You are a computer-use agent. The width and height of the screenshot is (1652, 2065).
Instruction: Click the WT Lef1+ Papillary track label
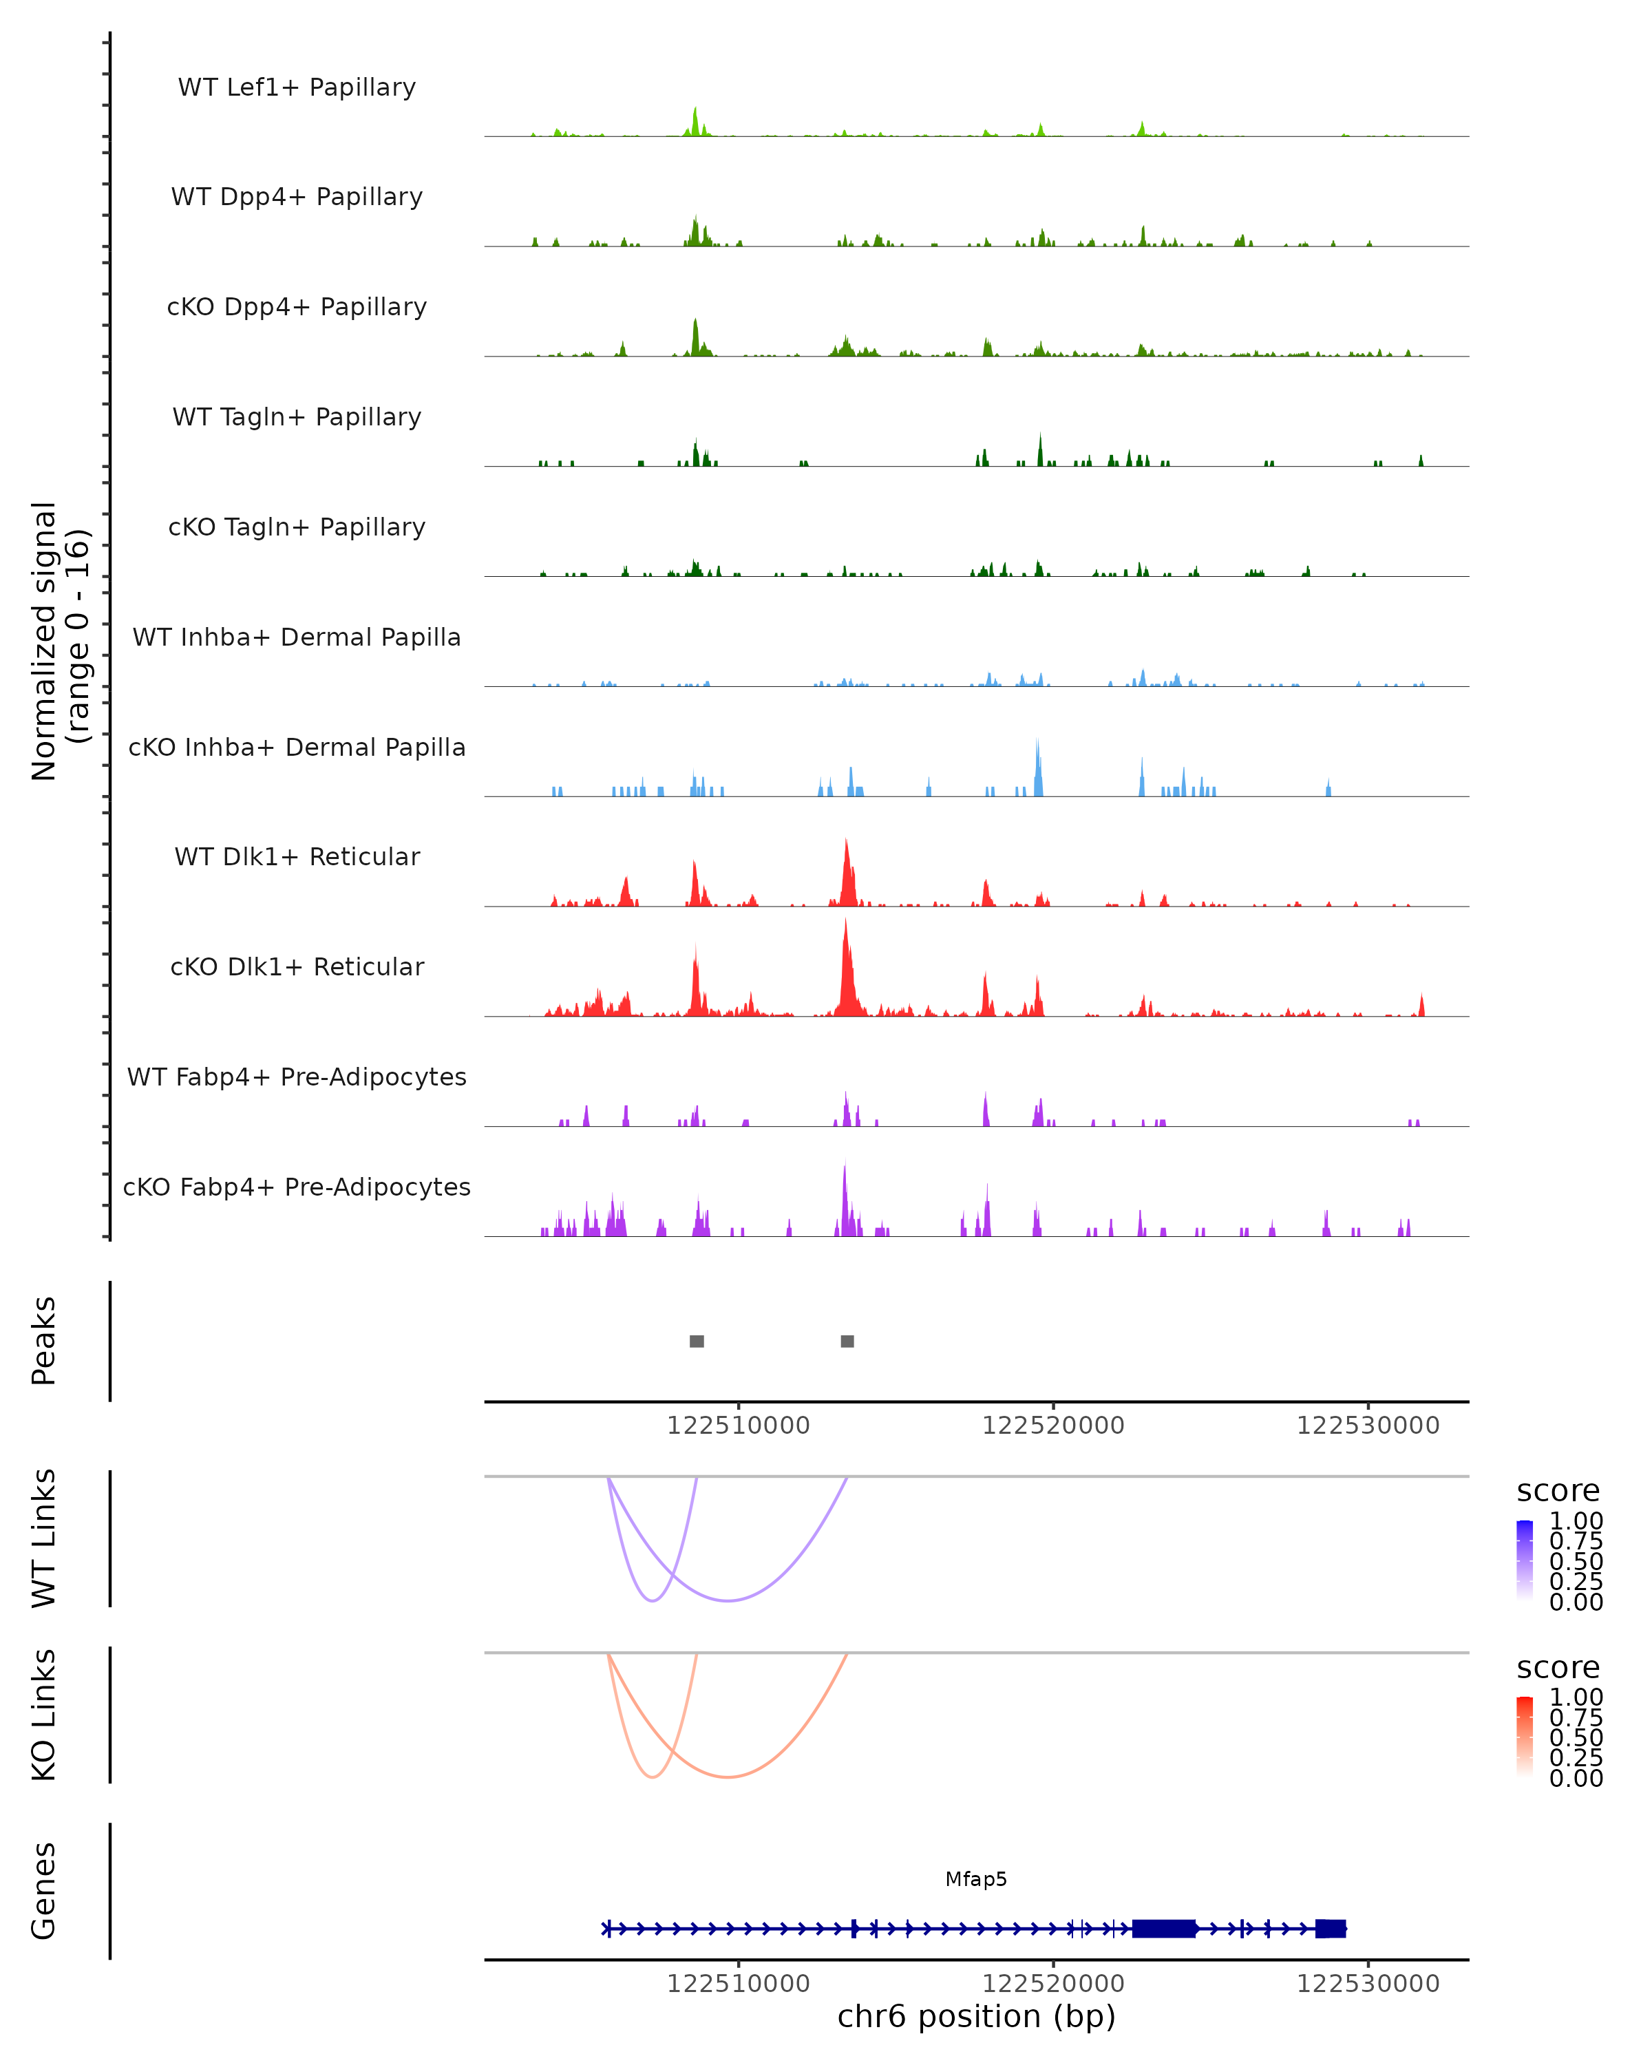coord(297,87)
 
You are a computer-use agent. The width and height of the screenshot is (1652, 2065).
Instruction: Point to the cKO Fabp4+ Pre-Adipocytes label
coord(297,1187)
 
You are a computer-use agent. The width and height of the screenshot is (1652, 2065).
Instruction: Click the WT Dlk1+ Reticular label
coord(297,856)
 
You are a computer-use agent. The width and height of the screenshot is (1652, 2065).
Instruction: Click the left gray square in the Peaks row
coord(697,1341)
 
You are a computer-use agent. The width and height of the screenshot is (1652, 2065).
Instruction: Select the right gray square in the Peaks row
coord(847,1341)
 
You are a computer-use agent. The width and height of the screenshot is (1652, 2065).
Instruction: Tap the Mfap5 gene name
coord(976,1879)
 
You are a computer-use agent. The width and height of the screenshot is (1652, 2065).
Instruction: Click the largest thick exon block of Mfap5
coord(1163,1928)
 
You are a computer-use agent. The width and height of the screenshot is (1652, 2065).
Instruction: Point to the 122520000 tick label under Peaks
coord(1053,1426)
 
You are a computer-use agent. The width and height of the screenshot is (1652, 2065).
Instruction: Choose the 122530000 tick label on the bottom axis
coord(1368,1984)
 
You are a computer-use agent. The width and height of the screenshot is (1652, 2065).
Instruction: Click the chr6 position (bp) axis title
coord(976,2017)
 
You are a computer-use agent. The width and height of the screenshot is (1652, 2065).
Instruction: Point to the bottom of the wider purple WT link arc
coord(729,1600)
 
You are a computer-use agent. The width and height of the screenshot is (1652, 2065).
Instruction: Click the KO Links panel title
coord(44,1715)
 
